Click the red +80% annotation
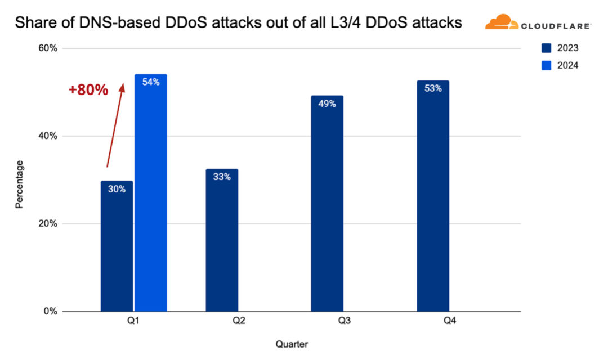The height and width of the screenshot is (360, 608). (x=88, y=90)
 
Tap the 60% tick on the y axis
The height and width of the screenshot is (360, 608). (x=47, y=48)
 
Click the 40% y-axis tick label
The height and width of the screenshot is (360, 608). (x=47, y=136)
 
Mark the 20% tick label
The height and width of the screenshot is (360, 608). (x=47, y=224)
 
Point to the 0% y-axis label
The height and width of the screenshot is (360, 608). (x=50, y=312)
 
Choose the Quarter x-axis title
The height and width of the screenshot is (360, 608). (x=292, y=344)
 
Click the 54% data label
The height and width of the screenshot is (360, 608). (x=151, y=82)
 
